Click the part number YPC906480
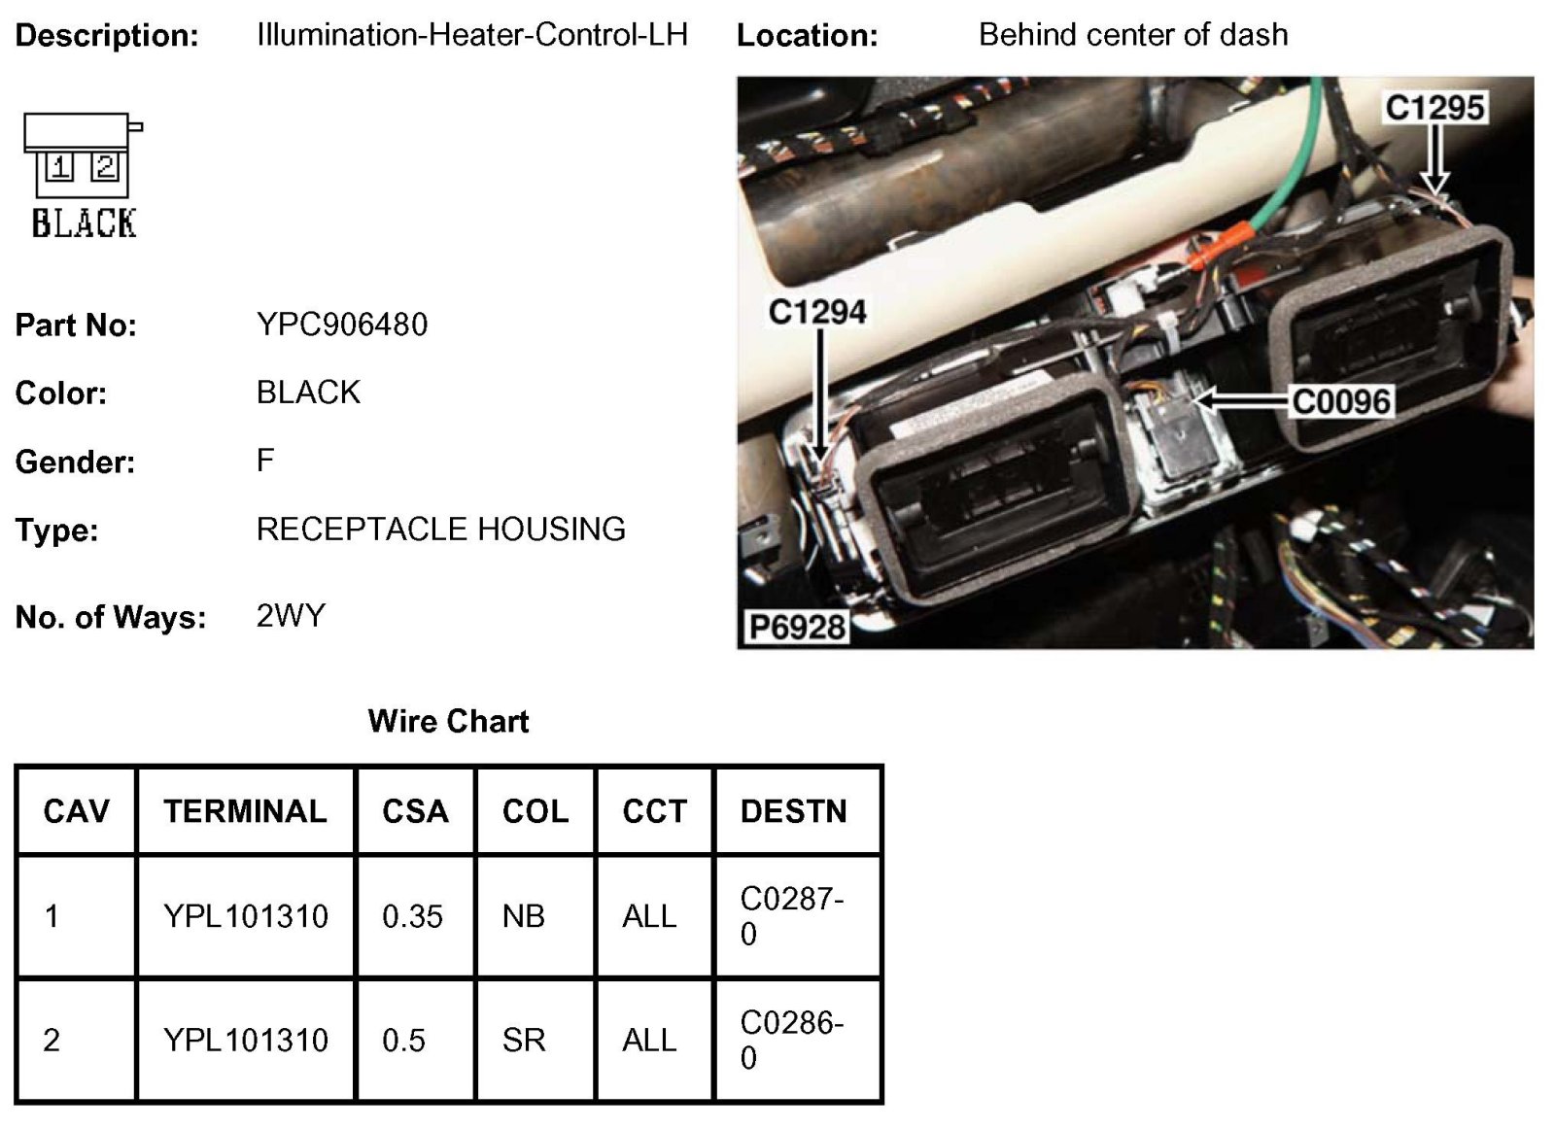[341, 325]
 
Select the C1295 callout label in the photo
[1434, 107]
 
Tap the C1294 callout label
[816, 312]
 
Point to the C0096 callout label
[1341, 400]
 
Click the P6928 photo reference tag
[796, 628]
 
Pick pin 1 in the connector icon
[59, 167]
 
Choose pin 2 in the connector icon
[105, 167]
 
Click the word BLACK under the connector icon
[84, 223]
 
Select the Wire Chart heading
[448, 721]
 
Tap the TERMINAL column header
[245, 811]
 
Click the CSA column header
[415, 811]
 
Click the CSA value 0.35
[412, 916]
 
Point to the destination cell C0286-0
[791, 1040]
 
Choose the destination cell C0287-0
[791, 916]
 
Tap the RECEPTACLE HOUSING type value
[440, 530]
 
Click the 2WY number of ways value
[291, 616]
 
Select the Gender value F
[265, 460]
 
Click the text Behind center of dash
[1132, 35]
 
